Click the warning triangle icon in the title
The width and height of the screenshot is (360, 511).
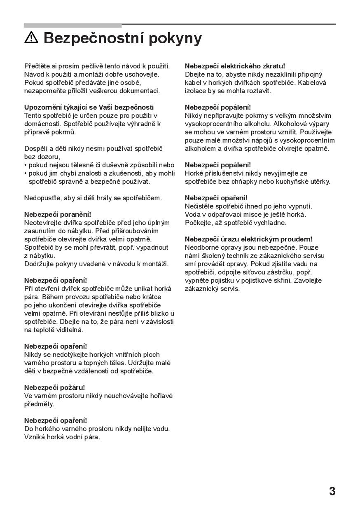click(x=31, y=38)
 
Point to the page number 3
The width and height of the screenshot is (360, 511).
click(x=332, y=491)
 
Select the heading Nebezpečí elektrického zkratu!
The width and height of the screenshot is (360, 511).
click(x=235, y=66)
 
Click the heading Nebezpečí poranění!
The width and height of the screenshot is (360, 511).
click(x=57, y=214)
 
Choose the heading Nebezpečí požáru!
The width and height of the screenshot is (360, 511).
click(x=54, y=387)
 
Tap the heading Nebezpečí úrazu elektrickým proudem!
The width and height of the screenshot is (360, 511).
click(x=248, y=239)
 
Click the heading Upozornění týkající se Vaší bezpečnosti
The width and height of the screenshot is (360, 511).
click(x=89, y=107)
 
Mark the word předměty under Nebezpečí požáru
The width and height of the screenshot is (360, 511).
click(x=39, y=404)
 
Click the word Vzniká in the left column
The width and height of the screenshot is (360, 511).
click(x=34, y=437)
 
